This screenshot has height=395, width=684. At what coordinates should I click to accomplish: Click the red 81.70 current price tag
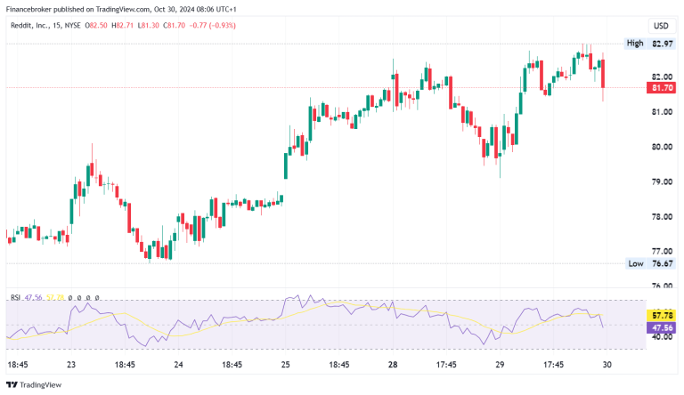tap(662, 88)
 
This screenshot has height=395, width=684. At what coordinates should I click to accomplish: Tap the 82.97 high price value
tap(662, 43)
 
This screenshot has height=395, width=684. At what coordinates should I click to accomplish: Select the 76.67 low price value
tap(662, 263)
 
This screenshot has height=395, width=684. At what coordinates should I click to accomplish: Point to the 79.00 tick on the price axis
tap(662, 181)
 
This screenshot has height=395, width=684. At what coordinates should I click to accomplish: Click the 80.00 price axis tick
tap(662, 147)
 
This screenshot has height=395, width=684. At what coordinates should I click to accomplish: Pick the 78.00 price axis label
tap(662, 216)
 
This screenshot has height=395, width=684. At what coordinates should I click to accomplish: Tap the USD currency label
tap(662, 26)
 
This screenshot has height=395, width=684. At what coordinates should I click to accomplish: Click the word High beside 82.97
tap(635, 43)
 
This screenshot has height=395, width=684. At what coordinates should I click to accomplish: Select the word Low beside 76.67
tap(635, 263)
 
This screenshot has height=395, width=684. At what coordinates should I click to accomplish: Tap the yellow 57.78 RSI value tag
tap(662, 315)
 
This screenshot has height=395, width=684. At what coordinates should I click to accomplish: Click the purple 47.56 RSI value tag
tap(662, 326)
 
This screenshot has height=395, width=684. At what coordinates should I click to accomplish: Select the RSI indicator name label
tap(15, 298)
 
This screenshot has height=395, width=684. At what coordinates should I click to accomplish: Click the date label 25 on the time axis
tap(286, 365)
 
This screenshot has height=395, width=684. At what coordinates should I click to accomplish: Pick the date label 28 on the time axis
tap(393, 365)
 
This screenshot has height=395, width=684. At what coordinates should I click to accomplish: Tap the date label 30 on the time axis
tap(606, 365)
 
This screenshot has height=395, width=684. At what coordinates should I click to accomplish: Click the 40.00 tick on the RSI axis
tap(662, 337)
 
